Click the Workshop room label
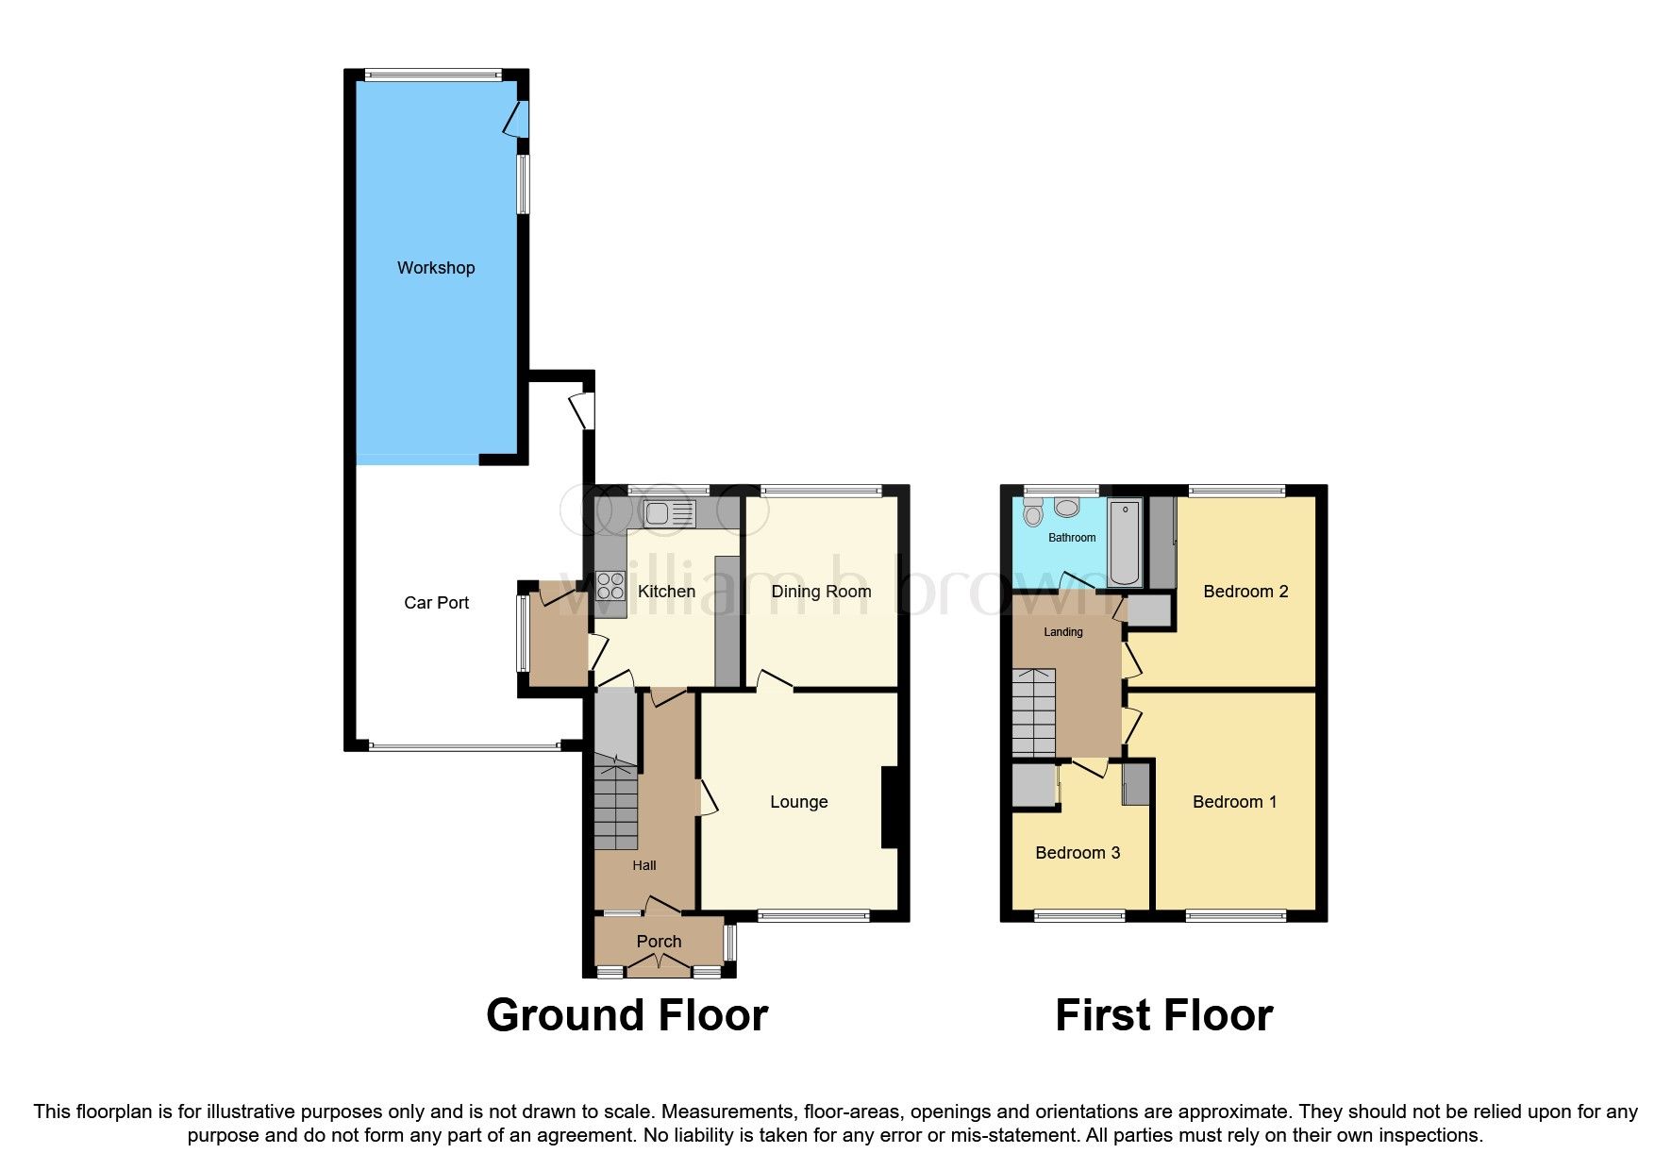tap(435, 268)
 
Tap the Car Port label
tap(436, 603)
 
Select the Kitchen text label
tap(666, 592)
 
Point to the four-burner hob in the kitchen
tap(610, 585)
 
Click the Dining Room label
tap(821, 592)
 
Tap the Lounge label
tap(798, 802)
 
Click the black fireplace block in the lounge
tap(889, 809)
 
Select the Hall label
tap(644, 865)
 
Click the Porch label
tap(659, 942)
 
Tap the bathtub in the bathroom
tap(1125, 543)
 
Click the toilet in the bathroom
tap(1033, 514)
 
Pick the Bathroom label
tap(1072, 538)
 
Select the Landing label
tap(1063, 632)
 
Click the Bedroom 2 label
tap(1245, 592)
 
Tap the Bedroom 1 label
tap(1234, 802)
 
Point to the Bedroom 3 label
tap(1078, 853)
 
